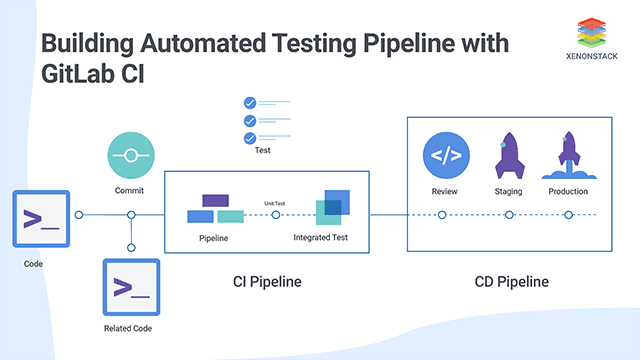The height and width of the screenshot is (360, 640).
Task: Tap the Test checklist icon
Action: (x=262, y=120)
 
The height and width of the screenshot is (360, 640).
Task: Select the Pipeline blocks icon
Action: (x=214, y=209)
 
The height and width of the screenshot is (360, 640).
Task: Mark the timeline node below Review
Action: (x=441, y=214)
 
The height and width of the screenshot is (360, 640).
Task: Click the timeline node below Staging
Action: (x=509, y=214)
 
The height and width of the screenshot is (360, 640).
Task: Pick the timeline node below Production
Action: (x=568, y=214)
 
